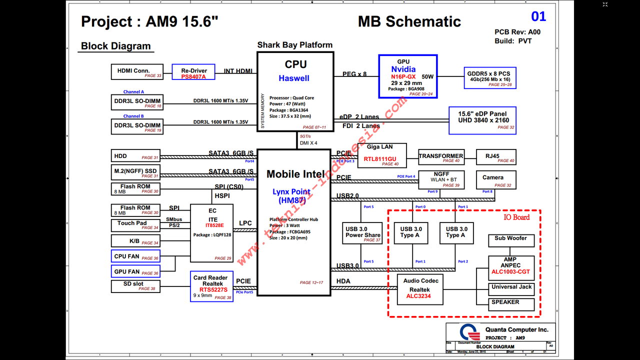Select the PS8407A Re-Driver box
pyautogui.click(x=193, y=72)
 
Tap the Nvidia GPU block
pyautogui.click(x=407, y=76)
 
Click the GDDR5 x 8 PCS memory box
pyautogui.click(x=489, y=77)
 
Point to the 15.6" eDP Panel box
pyautogui.click(x=482, y=120)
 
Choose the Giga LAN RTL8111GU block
pyautogui.click(x=382, y=155)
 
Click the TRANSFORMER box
pyautogui.click(x=441, y=157)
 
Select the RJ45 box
pyautogui.click(x=496, y=157)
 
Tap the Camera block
pyautogui.click(x=496, y=179)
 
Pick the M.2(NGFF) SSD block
pyautogui.click(x=135, y=173)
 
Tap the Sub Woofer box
pyautogui.click(x=511, y=240)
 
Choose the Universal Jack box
pyautogui.click(x=511, y=289)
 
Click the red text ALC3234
pyautogui.click(x=419, y=296)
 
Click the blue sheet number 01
pyautogui.click(x=538, y=16)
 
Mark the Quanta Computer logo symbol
pyautogui.click(x=469, y=332)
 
